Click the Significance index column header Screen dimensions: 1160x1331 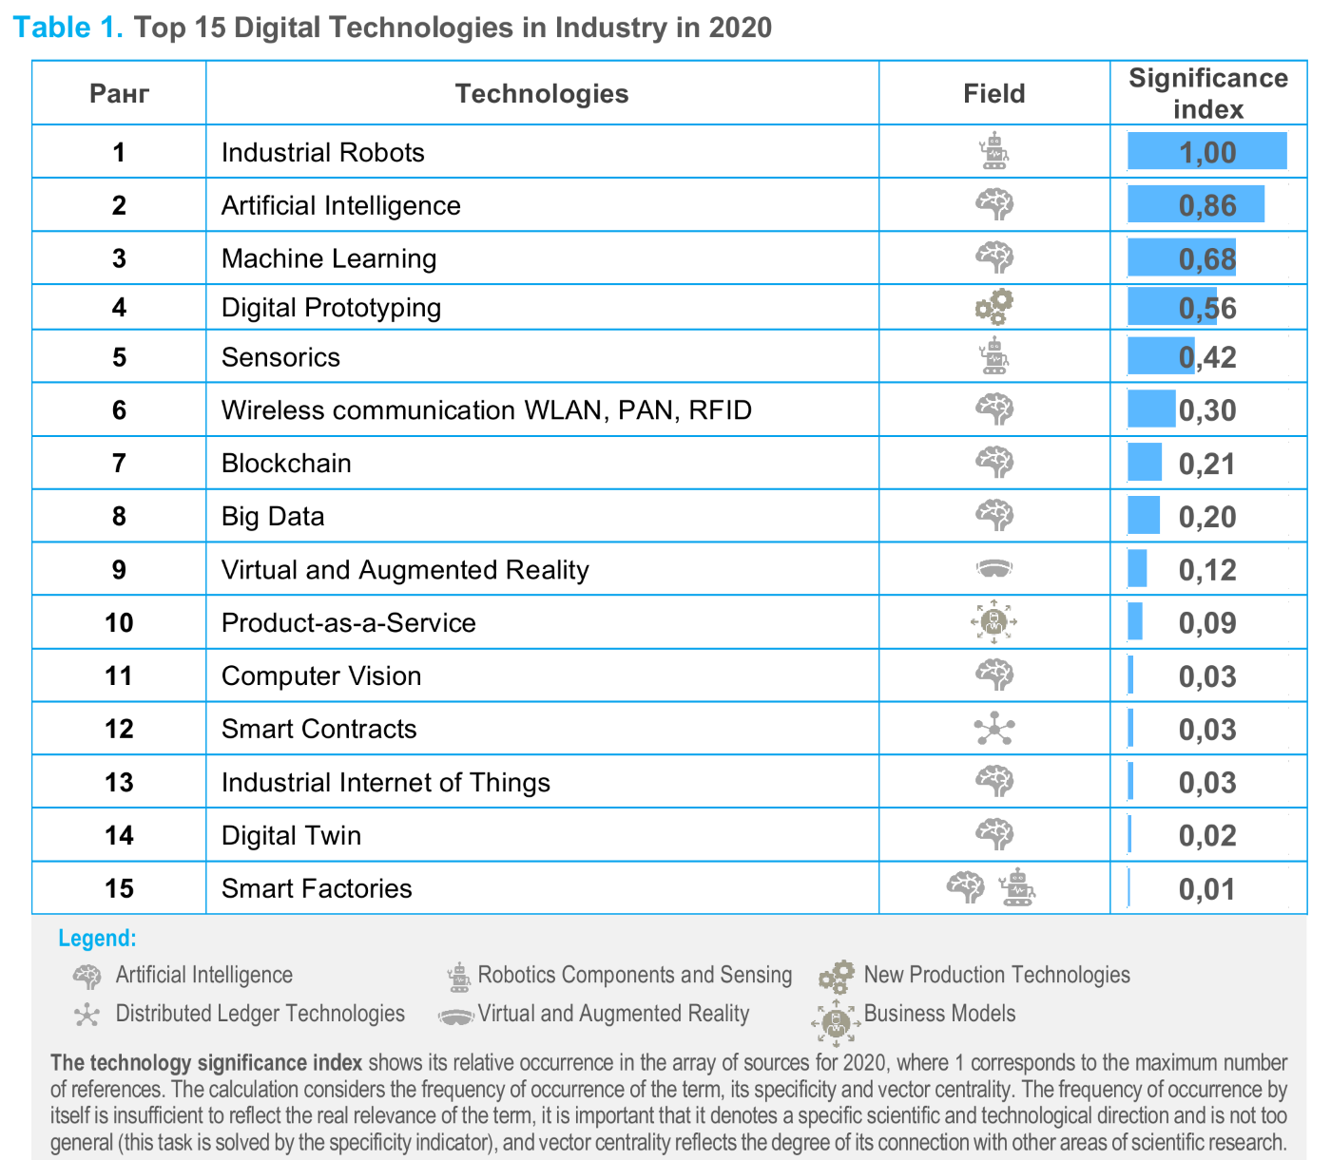1207,93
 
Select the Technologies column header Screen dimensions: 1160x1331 541,93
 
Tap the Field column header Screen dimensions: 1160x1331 993,93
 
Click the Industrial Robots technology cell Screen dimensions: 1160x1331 322,152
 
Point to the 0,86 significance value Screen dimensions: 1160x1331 1207,205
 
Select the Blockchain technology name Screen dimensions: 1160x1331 286,464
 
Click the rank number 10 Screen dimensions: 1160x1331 119,623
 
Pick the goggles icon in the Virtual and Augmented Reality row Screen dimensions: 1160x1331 993,569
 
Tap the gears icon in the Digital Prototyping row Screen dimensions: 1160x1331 994,307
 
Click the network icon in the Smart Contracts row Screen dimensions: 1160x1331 994,729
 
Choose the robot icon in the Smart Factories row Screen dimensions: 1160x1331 1017,887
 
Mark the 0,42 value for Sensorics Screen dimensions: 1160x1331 1207,357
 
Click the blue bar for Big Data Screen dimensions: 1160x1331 1144,516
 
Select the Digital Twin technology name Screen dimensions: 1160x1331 291,836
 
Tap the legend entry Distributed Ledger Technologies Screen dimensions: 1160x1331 260,1014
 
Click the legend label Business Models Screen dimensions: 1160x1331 939,1014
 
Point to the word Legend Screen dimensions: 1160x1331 97,939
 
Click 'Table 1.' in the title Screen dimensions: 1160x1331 68,28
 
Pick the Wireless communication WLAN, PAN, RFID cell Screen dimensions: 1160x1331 486,410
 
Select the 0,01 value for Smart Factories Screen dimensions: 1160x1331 1207,889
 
